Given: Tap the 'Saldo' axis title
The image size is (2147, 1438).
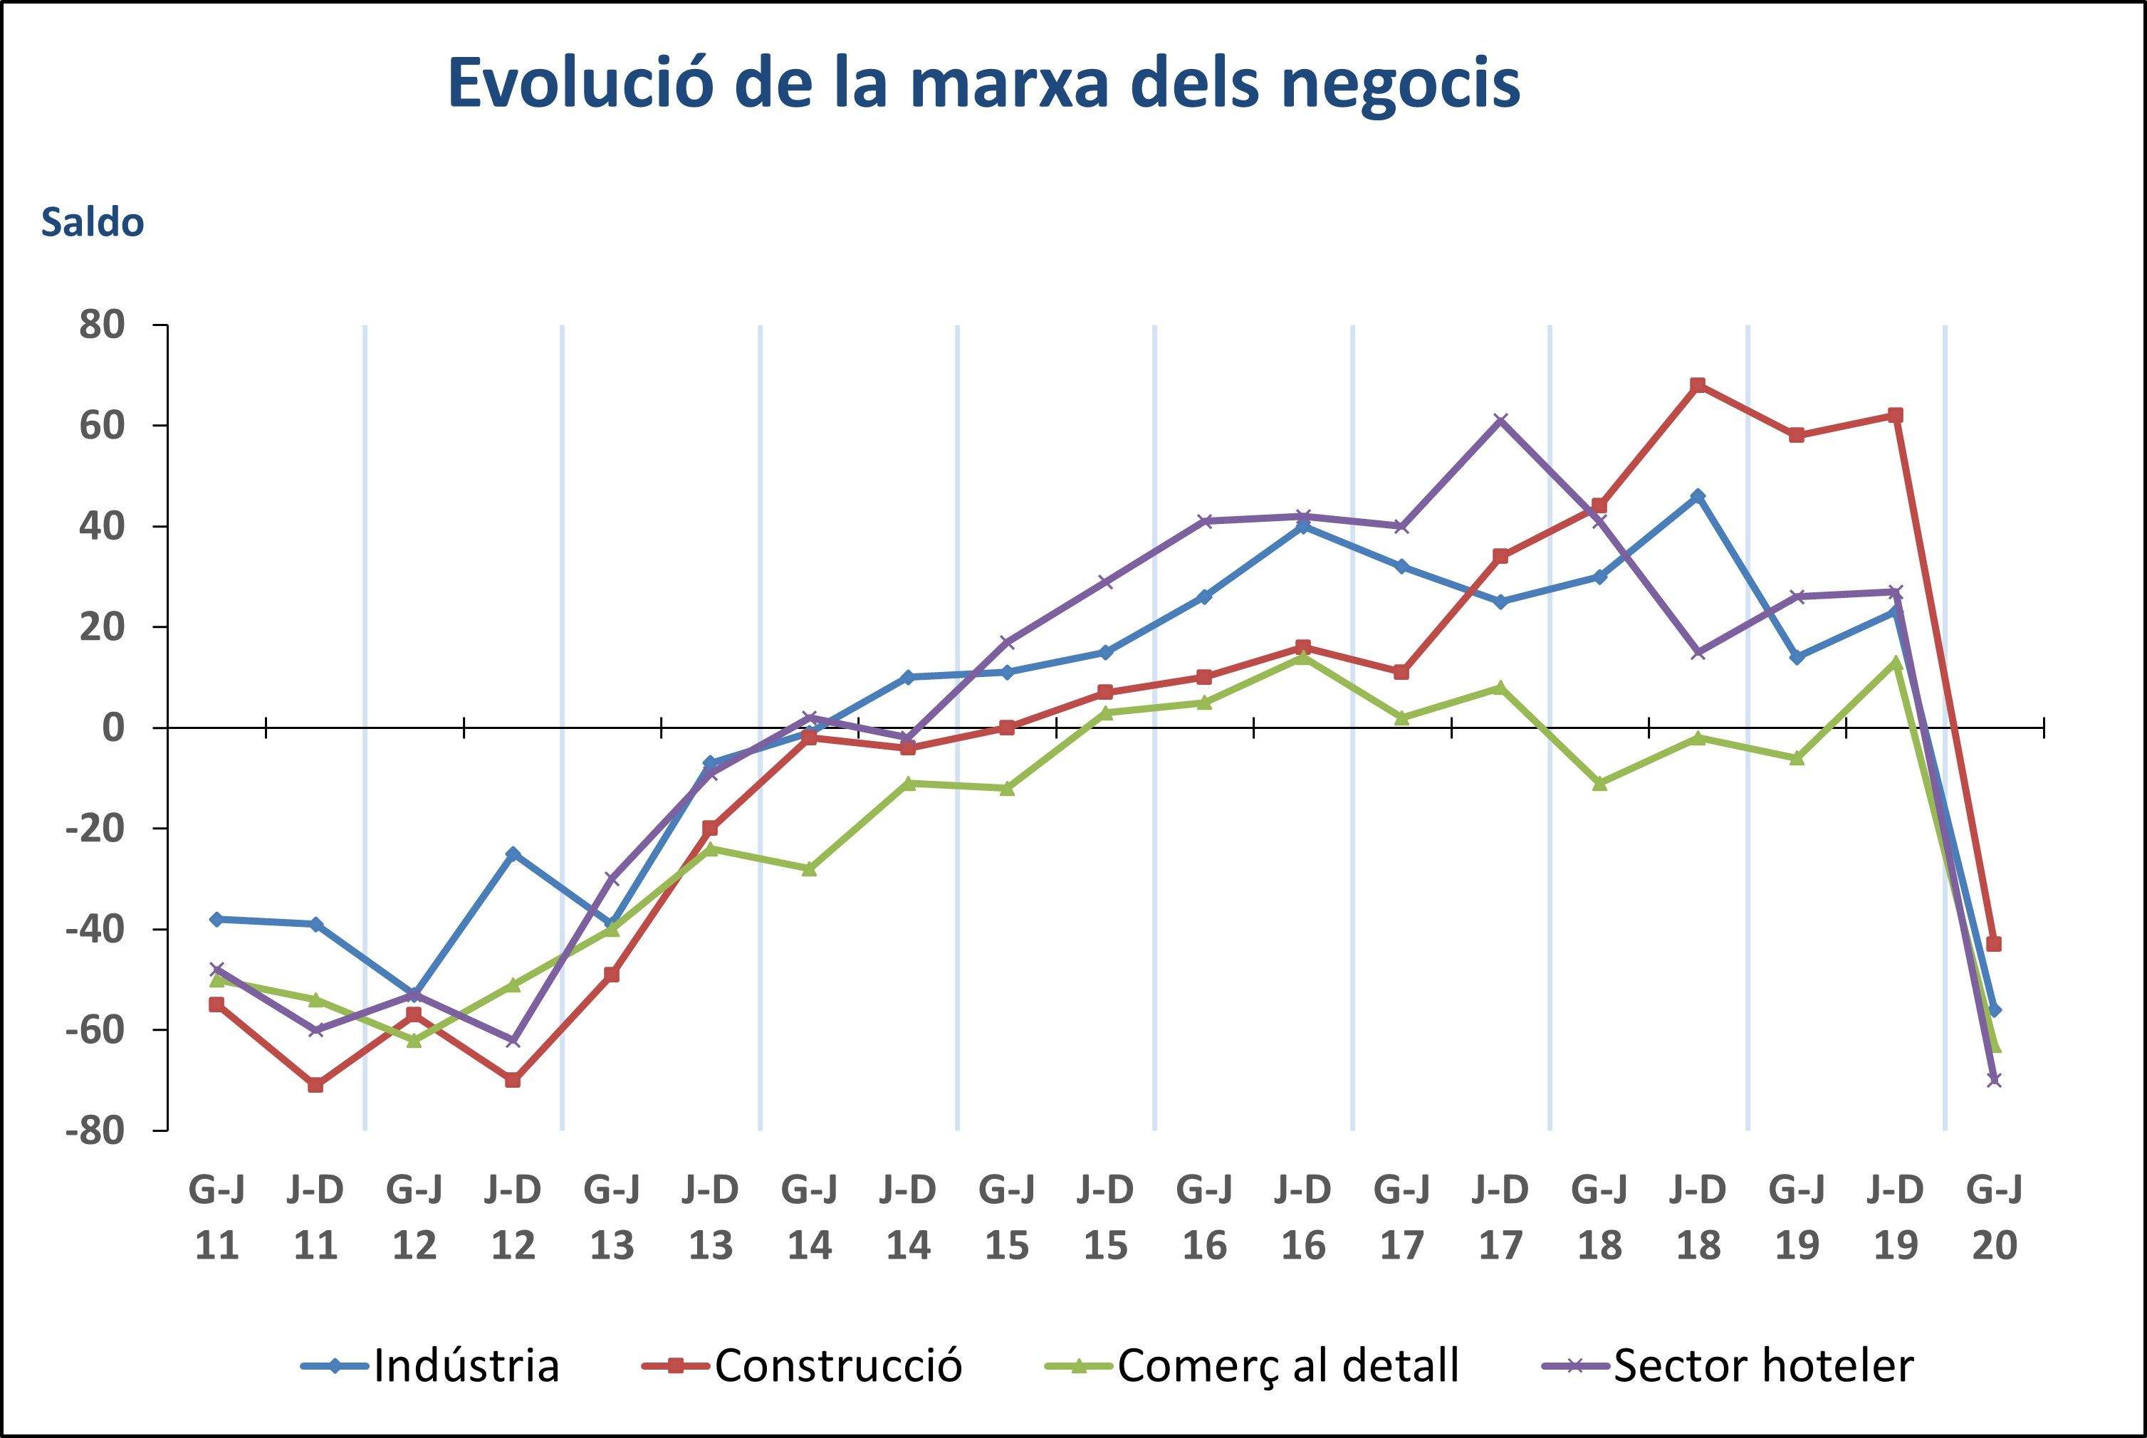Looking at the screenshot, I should [92, 224].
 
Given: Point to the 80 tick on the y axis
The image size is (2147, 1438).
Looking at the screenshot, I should [101, 325].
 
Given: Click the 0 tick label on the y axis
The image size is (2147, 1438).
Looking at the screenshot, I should [113, 728].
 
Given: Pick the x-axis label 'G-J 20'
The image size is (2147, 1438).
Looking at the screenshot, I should [1994, 1217].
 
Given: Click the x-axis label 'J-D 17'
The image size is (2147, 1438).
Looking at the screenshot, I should [1500, 1217].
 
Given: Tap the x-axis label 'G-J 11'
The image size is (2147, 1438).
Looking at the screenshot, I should [216, 1217].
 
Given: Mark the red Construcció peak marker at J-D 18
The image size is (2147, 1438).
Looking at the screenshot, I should [1698, 385].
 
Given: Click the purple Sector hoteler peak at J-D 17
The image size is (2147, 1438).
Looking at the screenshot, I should [1500, 421].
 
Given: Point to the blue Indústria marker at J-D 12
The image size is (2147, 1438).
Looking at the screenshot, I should [513, 854].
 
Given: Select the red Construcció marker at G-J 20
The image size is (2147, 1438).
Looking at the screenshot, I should [1994, 944].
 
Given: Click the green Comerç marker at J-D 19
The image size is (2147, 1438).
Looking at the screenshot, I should [1896, 662].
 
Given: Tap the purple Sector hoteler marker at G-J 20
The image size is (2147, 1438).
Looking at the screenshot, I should [1994, 1079].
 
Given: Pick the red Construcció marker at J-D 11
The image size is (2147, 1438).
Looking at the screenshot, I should [315, 1085].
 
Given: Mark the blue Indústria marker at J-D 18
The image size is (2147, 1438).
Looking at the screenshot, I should [1698, 496].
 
